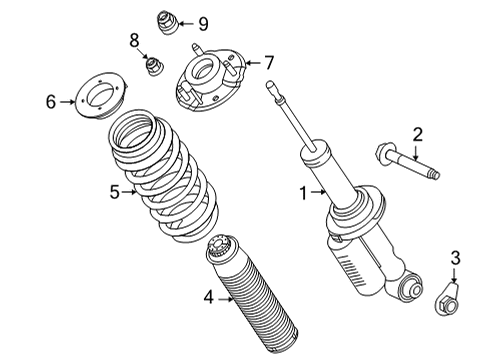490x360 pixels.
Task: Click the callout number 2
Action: pyautogui.click(x=419, y=134)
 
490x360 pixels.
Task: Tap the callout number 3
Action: pyautogui.click(x=456, y=260)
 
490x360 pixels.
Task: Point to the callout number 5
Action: pyautogui.click(x=114, y=191)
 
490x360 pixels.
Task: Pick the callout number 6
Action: pyautogui.click(x=50, y=101)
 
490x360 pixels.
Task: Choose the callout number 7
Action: pyautogui.click(x=268, y=62)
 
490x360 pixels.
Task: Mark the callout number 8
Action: pyautogui.click(x=133, y=41)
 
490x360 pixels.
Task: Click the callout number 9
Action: pyautogui.click(x=202, y=23)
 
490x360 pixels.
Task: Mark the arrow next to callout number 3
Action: pyautogui.click(x=456, y=275)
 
